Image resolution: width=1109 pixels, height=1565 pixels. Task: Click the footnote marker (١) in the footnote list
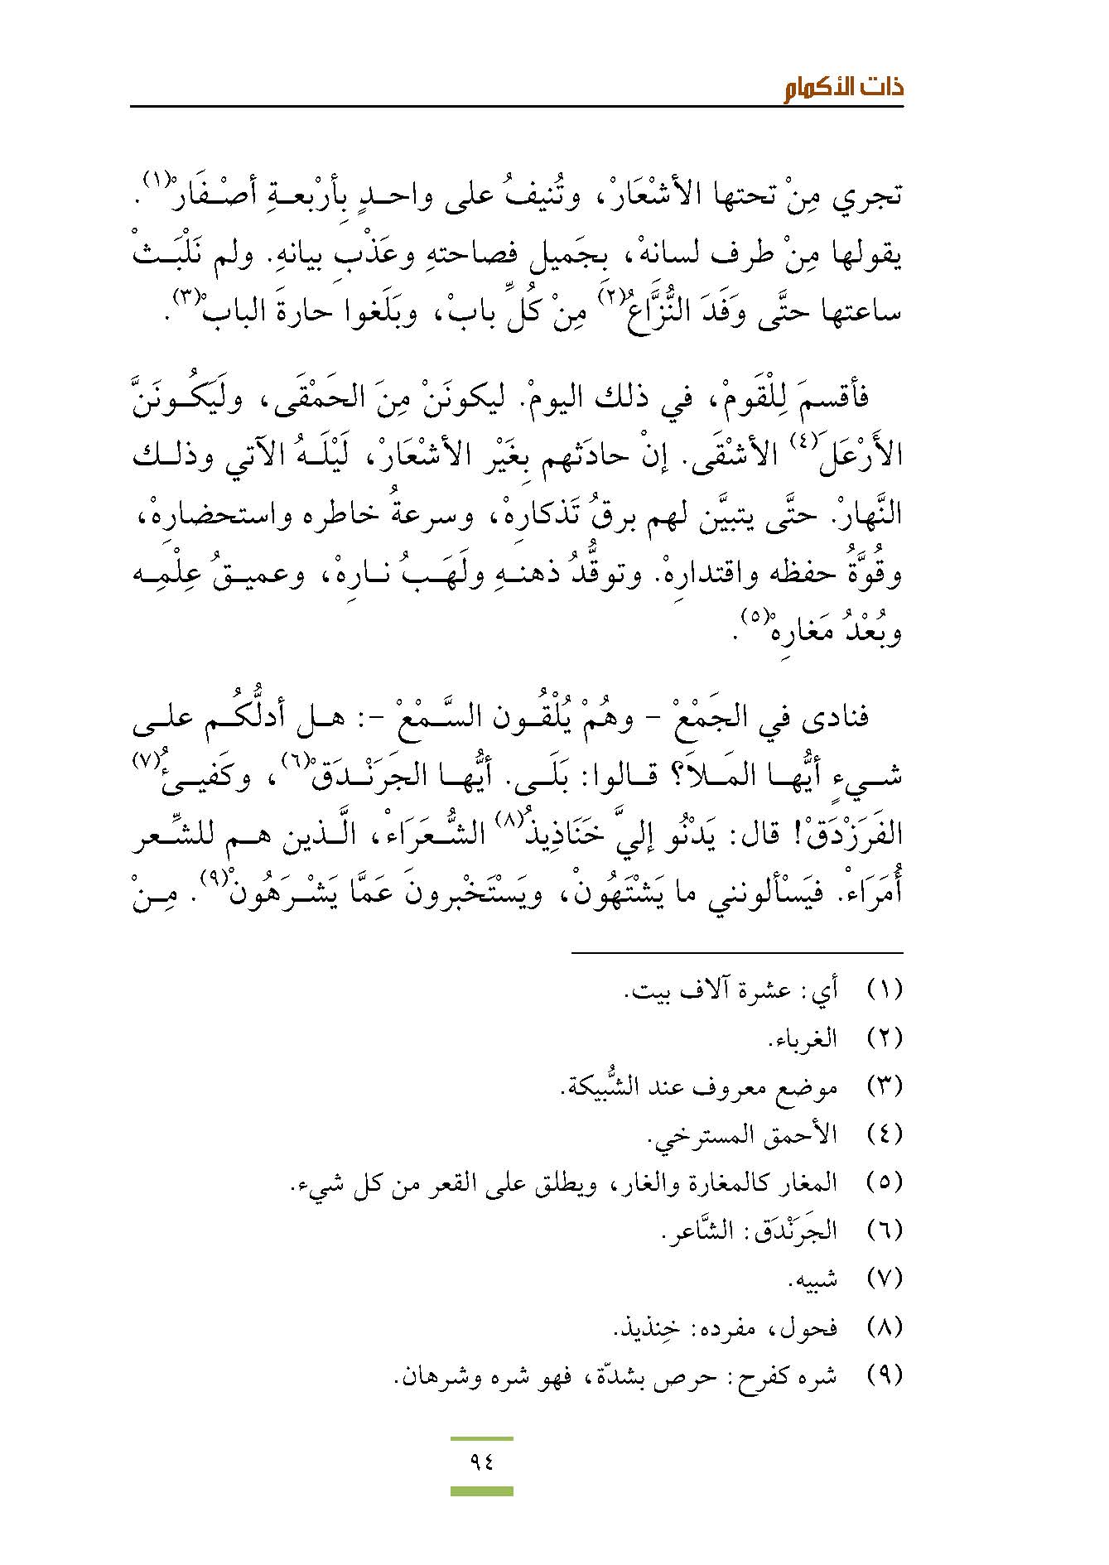pyautogui.click(x=883, y=990)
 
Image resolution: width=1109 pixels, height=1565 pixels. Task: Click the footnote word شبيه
pyautogui.click(x=813, y=1280)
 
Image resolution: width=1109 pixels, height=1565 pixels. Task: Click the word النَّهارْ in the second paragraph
pyautogui.click(x=868, y=515)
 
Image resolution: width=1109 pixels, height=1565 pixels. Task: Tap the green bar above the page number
pyautogui.click(x=481, y=1439)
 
